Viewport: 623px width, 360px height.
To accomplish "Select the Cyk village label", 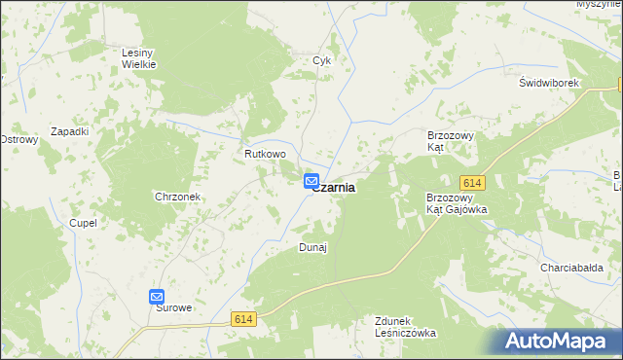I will [322, 60].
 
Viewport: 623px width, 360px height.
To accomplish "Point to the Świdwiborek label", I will [549, 84].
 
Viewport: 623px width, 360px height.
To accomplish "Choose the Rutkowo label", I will [265, 154].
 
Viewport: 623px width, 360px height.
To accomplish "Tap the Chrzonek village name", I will [177, 197].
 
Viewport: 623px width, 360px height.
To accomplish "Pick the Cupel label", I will [83, 223].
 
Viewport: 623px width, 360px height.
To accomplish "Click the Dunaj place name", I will [311, 247].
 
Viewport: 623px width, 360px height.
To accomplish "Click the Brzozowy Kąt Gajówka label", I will [457, 202].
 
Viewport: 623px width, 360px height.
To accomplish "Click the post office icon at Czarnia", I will [311, 181].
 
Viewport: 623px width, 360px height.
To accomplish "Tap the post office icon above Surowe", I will [157, 297].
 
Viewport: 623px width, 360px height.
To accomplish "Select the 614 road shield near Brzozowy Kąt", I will [472, 183].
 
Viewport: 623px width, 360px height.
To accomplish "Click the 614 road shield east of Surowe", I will [243, 318].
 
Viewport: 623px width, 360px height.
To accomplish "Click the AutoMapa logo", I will [560, 341].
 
